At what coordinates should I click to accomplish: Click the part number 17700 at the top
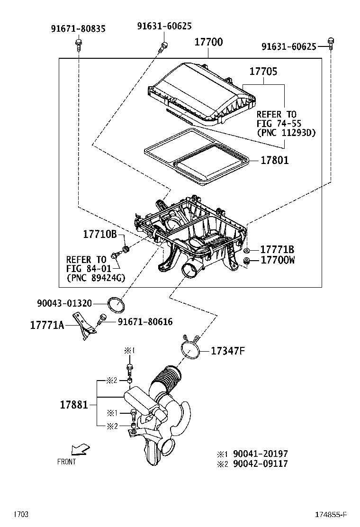click(x=208, y=42)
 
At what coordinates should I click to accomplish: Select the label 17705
click(x=263, y=72)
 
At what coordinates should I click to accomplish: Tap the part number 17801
click(x=274, y=160)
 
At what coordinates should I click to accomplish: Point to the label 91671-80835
click(x=78, y=29)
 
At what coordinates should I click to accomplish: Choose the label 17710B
click(x=100, y=234)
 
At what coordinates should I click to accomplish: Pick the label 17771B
click(x=277, y=250)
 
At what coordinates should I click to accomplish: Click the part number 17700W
click(x=278, y=260)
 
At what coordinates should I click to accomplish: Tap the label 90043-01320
click(x=64, y=303)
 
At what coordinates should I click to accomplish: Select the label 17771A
click(x=47, y=325)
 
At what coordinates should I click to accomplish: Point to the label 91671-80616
click(x=145, y=322)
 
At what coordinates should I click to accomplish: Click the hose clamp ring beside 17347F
click(x=191, y=350)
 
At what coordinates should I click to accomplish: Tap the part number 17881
click(x=73, y=405)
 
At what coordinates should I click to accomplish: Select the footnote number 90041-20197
click(x=259, y=454)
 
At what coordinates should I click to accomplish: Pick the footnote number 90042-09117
click(x=259, y=464)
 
